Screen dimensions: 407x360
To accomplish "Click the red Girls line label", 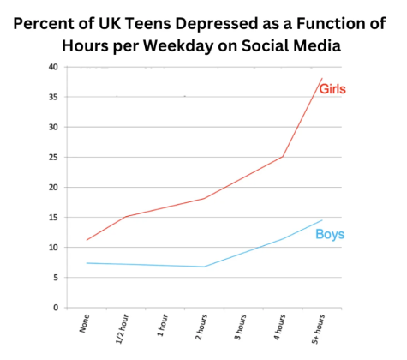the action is pos(332,89).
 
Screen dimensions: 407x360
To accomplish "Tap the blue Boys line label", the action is pos(330,234).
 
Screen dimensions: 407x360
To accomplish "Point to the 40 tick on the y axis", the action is pos(53,67).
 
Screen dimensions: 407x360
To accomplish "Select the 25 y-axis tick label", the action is pos(53,157).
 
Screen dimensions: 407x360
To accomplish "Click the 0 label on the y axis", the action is pos(56,308).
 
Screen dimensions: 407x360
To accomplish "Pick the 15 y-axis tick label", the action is pos(53,218).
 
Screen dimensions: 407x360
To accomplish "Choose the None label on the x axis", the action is pos(85,323).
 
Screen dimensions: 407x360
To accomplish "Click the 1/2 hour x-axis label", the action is pos(123,328).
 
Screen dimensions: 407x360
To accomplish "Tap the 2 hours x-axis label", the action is pos(201,327).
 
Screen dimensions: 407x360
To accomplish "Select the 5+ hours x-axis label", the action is pos(319,329).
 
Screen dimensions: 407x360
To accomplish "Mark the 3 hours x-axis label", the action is pos(241,327).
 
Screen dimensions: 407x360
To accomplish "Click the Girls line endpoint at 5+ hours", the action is pos(322,78).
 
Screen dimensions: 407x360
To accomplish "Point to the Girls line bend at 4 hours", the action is pos(283,157).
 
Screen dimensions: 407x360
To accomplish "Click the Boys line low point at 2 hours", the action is pos(204,267).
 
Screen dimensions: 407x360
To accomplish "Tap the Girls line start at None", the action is pos(87,240).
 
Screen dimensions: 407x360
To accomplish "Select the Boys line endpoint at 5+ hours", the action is pos(322,220).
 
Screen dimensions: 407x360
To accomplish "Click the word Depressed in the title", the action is pos(217,24).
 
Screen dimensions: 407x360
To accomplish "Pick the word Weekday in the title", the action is pos(178,45).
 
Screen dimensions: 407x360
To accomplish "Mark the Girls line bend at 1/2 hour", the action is pos(126,217).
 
